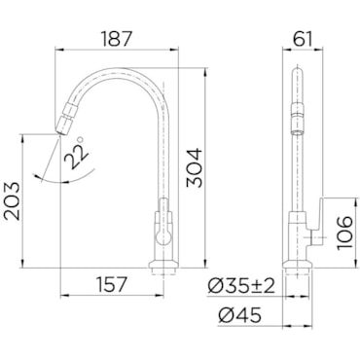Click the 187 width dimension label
click(117, 39)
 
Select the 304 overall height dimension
click(194, 168)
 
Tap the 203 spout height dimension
click(12, 201)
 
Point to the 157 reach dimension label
click(112, 284)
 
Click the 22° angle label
click(77, 152)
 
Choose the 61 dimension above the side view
click(302, 39)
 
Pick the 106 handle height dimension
click(344, 233)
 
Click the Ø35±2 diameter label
click(241, 287)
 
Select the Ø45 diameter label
click(239, 315)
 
